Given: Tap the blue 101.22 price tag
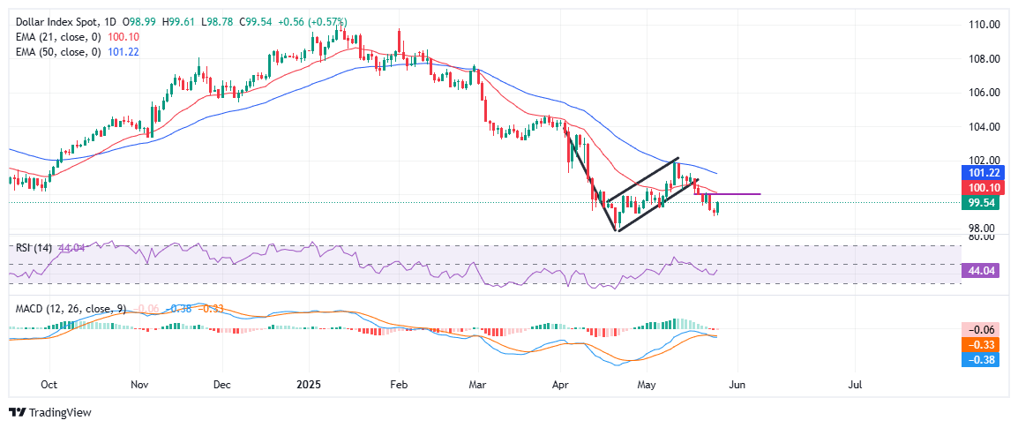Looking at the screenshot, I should [983, 174].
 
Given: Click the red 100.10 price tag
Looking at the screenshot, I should [983, 188].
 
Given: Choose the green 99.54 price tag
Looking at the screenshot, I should [983, 202].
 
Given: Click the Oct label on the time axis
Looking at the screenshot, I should [49, 385].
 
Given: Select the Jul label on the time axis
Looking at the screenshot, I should [855, 385].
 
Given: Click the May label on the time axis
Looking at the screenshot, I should [647, 385].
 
